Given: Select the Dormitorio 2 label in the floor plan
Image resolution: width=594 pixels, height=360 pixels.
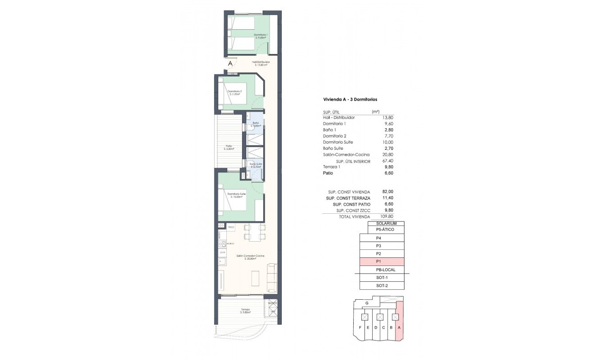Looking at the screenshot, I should point(234,93).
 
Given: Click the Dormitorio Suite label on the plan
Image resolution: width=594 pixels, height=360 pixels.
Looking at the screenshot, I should point(236,195).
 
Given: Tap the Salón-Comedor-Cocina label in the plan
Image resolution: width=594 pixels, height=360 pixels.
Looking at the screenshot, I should point(250,256).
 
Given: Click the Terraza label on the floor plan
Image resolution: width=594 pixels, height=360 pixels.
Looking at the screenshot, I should point(245,310).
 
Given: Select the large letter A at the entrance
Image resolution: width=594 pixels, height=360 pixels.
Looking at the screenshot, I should point(230,64).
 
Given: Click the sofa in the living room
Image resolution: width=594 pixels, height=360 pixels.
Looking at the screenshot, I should point(272,277).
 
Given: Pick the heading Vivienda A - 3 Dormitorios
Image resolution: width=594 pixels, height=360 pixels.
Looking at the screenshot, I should point(350,99).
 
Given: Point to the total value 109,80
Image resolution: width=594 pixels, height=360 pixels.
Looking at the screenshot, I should point(386,216).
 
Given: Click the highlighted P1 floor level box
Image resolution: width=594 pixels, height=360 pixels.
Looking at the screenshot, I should point(382,261).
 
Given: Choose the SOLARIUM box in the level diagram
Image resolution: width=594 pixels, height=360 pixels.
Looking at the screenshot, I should point(386,224).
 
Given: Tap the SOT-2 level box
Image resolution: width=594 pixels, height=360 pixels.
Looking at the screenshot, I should point(382,286).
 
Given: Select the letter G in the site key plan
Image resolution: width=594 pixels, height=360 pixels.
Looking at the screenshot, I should point(367,303).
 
